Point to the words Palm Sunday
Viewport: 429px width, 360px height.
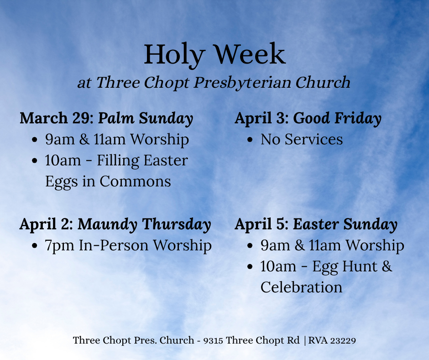[x=146, y=118]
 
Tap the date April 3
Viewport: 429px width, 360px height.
[x=262, y=118]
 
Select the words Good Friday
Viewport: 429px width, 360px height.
[x=337, y=118]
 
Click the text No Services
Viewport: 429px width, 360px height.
[x=302, y=139]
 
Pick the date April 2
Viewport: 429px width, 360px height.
[x=46, y=224]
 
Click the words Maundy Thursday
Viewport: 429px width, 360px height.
[x=144, y=224]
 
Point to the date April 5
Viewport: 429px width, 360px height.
[x=262, y=224]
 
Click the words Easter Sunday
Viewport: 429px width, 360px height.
[x=345, y=224]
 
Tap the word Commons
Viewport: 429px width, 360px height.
[x=135, y=181]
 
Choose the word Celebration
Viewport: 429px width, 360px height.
[x=301, y=287]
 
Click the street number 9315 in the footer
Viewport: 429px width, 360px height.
[x=214, y=340]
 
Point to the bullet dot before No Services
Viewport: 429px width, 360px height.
[x=250, y=140]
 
